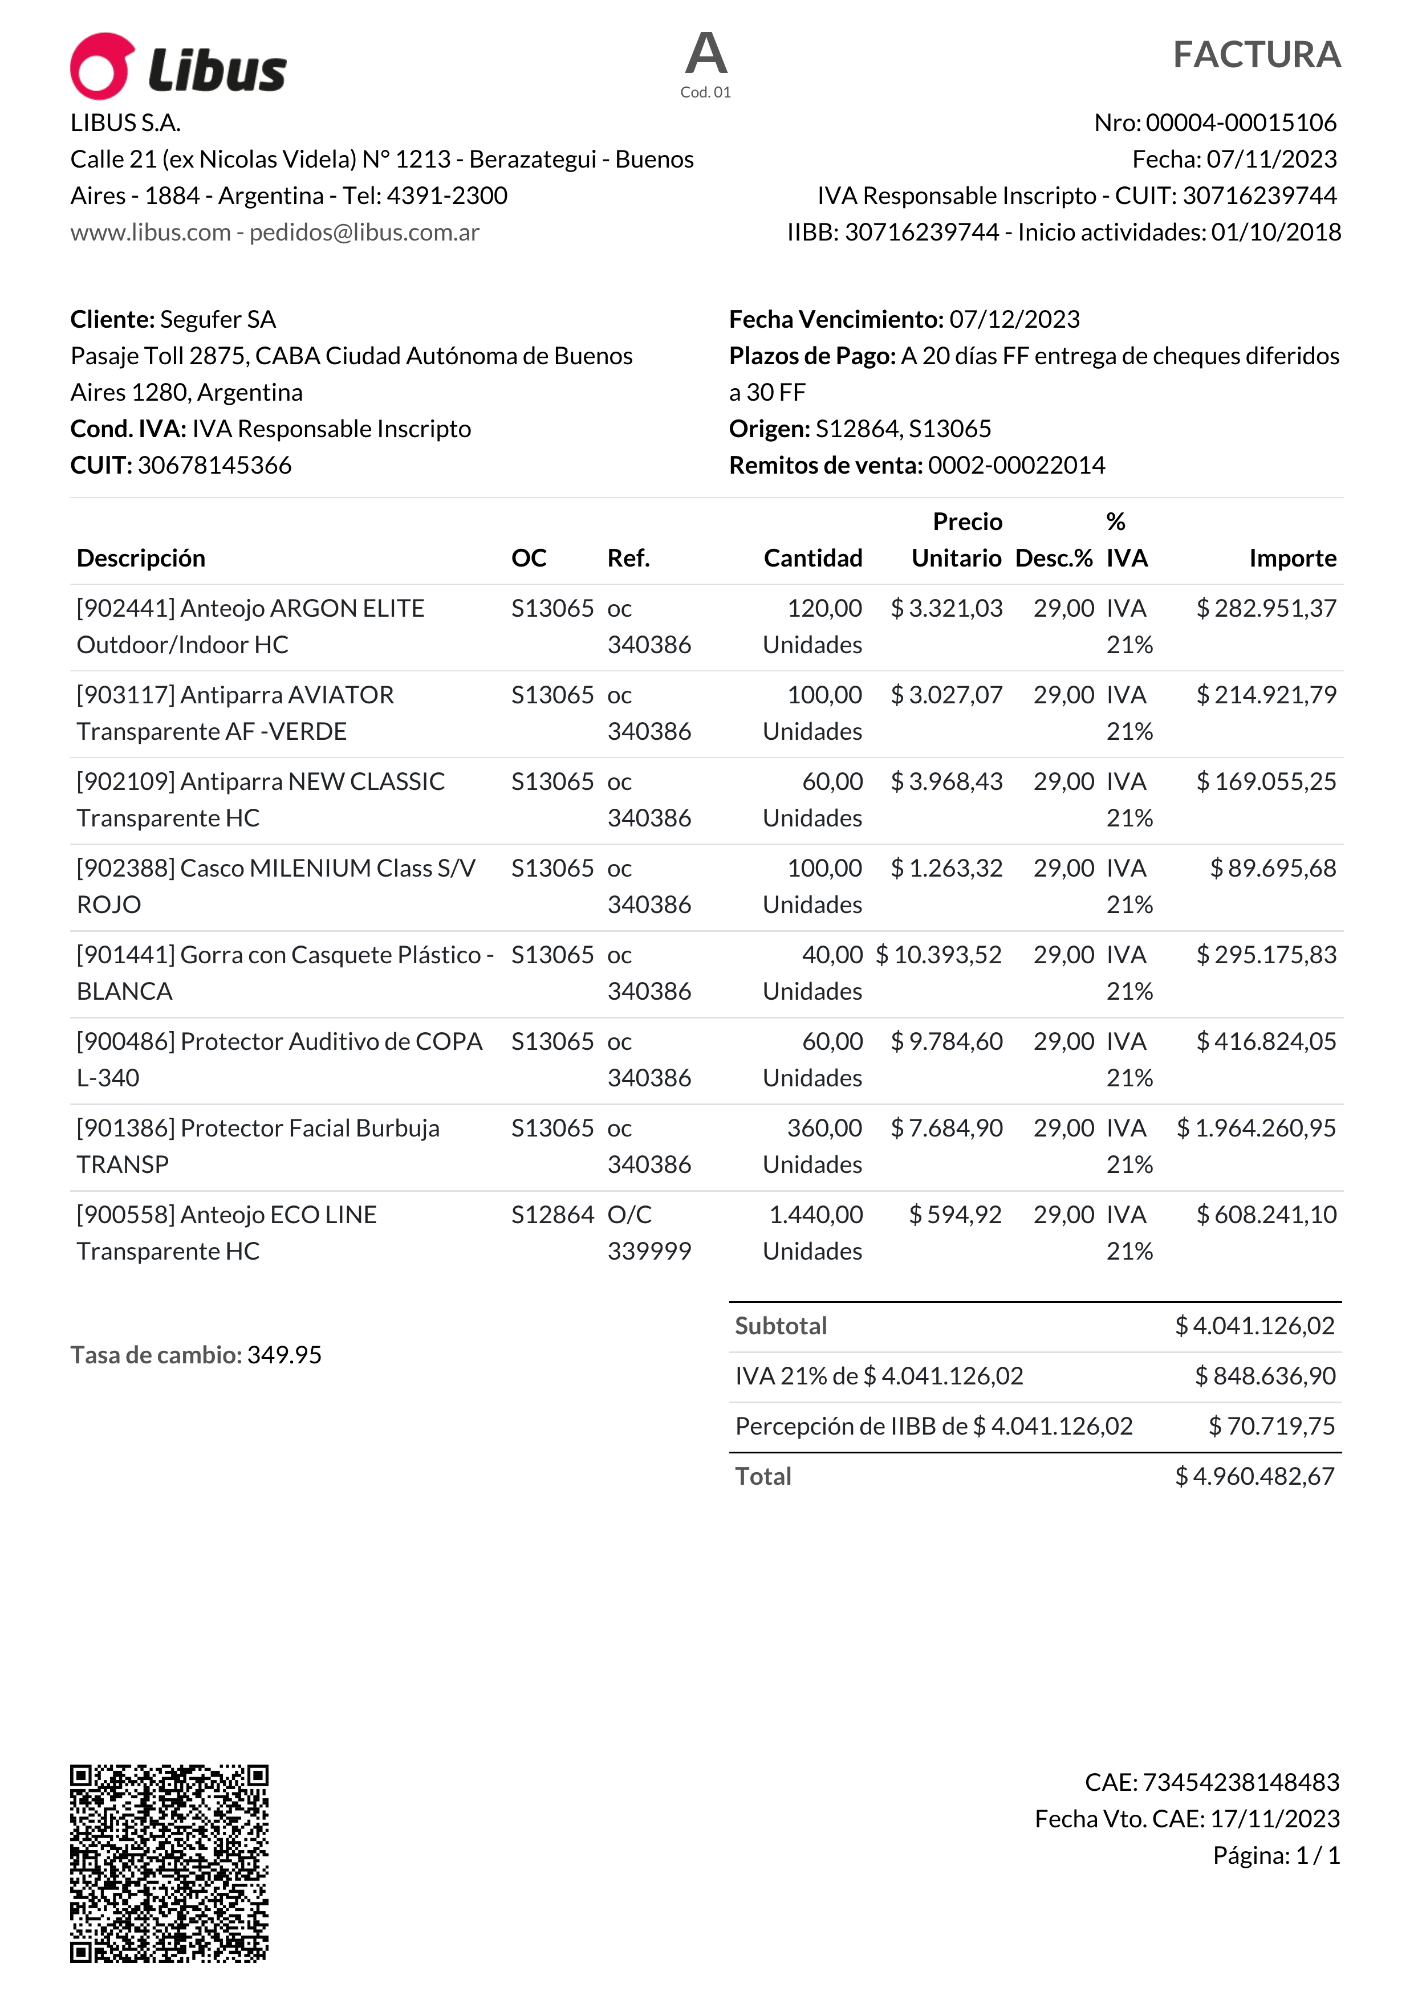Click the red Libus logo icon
pyautogui.click(x=102, y=66)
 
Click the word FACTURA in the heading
pyautogui.click(x=1255, y=55)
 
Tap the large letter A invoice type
pyautogui.click(x=706, y=54)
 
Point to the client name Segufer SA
pyautogui.click(x=218, y=320)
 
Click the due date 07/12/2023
pyautogui.click(x=1014, y=320)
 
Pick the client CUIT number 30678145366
pyautogui.click(x=214, y=465)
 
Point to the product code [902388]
pyautogui.click(x=127, y=869)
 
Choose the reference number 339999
pyautogui.click(x=649, y=1252)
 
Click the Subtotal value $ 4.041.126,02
pyautogui.click(x=1254, y=1326)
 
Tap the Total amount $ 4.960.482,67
pyautogui.click(x=1254, y=1476)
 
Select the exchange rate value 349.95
pyautogui.click(x=284, y=1355)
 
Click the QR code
pyautogui.click(x=169, y=1863)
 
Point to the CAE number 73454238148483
pyautogui.click(x=1241, y=1782)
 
